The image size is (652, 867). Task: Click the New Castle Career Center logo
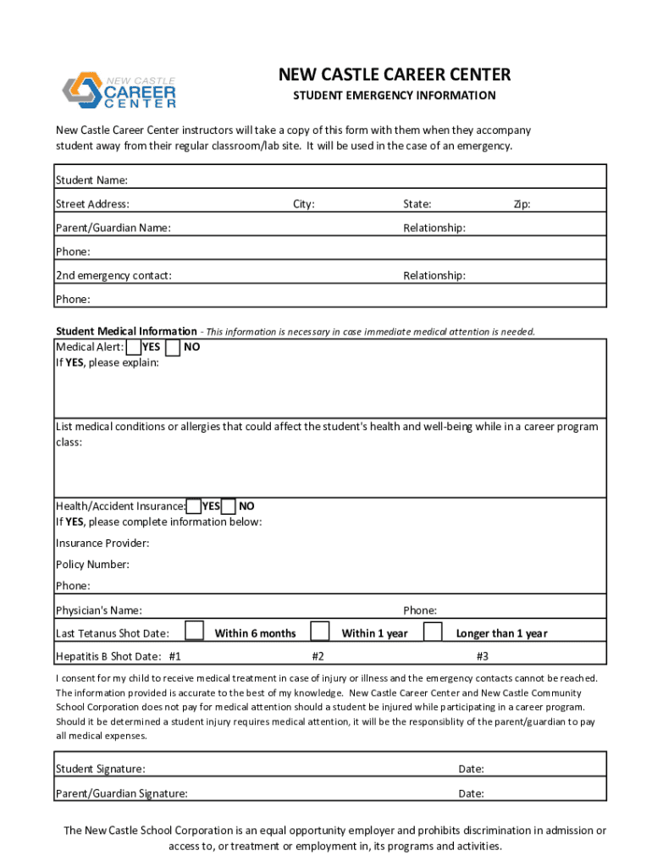click(x=119, y=91)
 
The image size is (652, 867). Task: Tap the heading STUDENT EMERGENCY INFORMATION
click(x=395, y=96)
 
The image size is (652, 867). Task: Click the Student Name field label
click(x=91, y=180)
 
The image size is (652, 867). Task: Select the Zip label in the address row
click(x=522, y=204)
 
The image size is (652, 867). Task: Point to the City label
click(x=304, y=204)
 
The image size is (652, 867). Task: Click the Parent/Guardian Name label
click(x=113, y=228)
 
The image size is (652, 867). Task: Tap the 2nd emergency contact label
click(x=113, y=275)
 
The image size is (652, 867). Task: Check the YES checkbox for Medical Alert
click(x=133, y=347)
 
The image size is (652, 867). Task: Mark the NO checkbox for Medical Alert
click(x=173, y=347)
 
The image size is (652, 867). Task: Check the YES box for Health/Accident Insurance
click(x=194, y=506)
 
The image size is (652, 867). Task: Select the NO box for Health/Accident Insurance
click(x=229, y=506)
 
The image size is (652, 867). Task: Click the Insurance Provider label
click(x=102, y=543)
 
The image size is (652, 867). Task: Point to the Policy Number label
click(x=92, y=565)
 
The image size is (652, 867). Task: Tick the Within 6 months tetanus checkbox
click(x=195, y=632)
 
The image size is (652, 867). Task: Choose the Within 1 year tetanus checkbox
click(x=319, y=632)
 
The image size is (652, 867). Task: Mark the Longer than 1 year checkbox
click(x=433, y=632)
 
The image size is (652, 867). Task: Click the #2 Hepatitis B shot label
click(x=318, y=656)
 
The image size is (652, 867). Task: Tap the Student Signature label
click(x=100, y=769)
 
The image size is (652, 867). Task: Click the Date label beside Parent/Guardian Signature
click(x=471, y=793)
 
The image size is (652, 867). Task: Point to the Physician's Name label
click(x=99, y=610)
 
